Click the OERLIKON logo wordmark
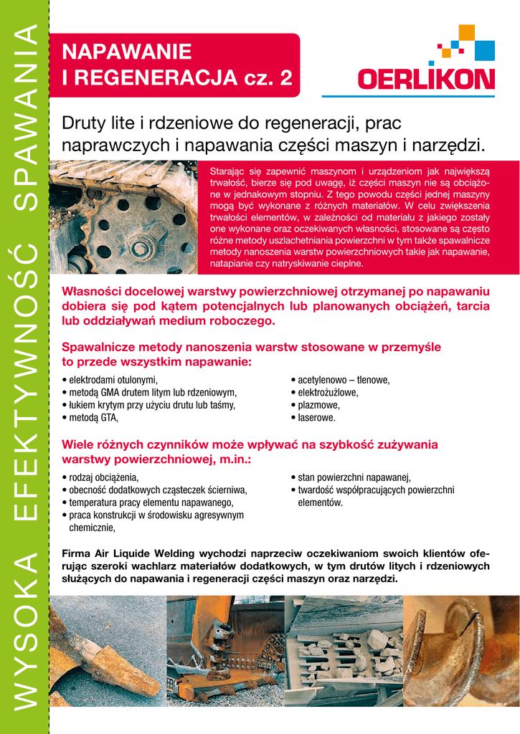click(426, 79)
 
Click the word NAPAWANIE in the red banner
click(127, 52)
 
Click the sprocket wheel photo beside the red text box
click(123, 218)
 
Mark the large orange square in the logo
click(466, 33)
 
